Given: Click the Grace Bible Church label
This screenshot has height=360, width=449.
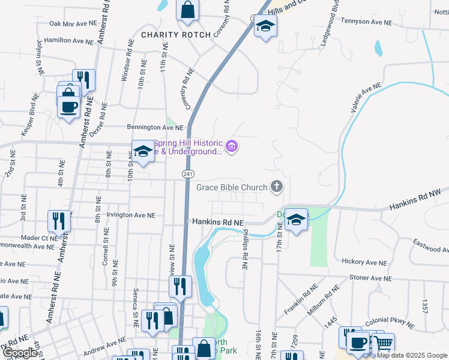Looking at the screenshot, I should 232,188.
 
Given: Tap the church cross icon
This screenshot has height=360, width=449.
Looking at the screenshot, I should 277,188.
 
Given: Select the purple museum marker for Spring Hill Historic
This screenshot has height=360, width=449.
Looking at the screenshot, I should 232,146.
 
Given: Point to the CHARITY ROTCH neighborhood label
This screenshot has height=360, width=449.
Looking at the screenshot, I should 176,35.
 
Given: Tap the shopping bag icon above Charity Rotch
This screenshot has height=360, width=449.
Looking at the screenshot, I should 187,10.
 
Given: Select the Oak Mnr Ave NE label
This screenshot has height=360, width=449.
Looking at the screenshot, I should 73,24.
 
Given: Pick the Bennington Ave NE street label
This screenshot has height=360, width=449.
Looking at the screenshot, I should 154,127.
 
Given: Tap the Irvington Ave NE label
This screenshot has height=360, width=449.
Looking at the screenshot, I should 130,215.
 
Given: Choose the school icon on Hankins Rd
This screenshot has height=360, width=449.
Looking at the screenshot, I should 296,220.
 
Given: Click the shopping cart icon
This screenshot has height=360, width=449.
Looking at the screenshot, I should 382,344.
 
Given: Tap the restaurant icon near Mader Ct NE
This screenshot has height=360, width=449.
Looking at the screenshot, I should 59,220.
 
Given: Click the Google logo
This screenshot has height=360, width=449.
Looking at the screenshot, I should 20,353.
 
